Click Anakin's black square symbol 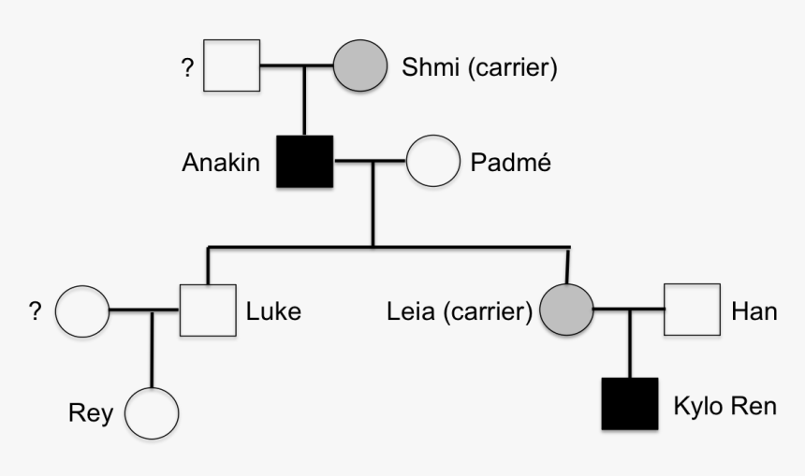(x=305, y=162)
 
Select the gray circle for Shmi (x=360, y=66)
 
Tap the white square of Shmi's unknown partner (x=232, y=66)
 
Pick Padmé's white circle (x=431, y=162)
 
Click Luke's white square (x=207, y=310)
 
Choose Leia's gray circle (x=566, y=310)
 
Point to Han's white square (x=692, y=310)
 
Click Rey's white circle (x=151, y=412)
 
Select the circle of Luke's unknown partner (x=82, y=310)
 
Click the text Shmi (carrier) (x=479, y=68)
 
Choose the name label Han (x=754, y=311)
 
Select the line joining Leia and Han (x=629, y=310)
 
